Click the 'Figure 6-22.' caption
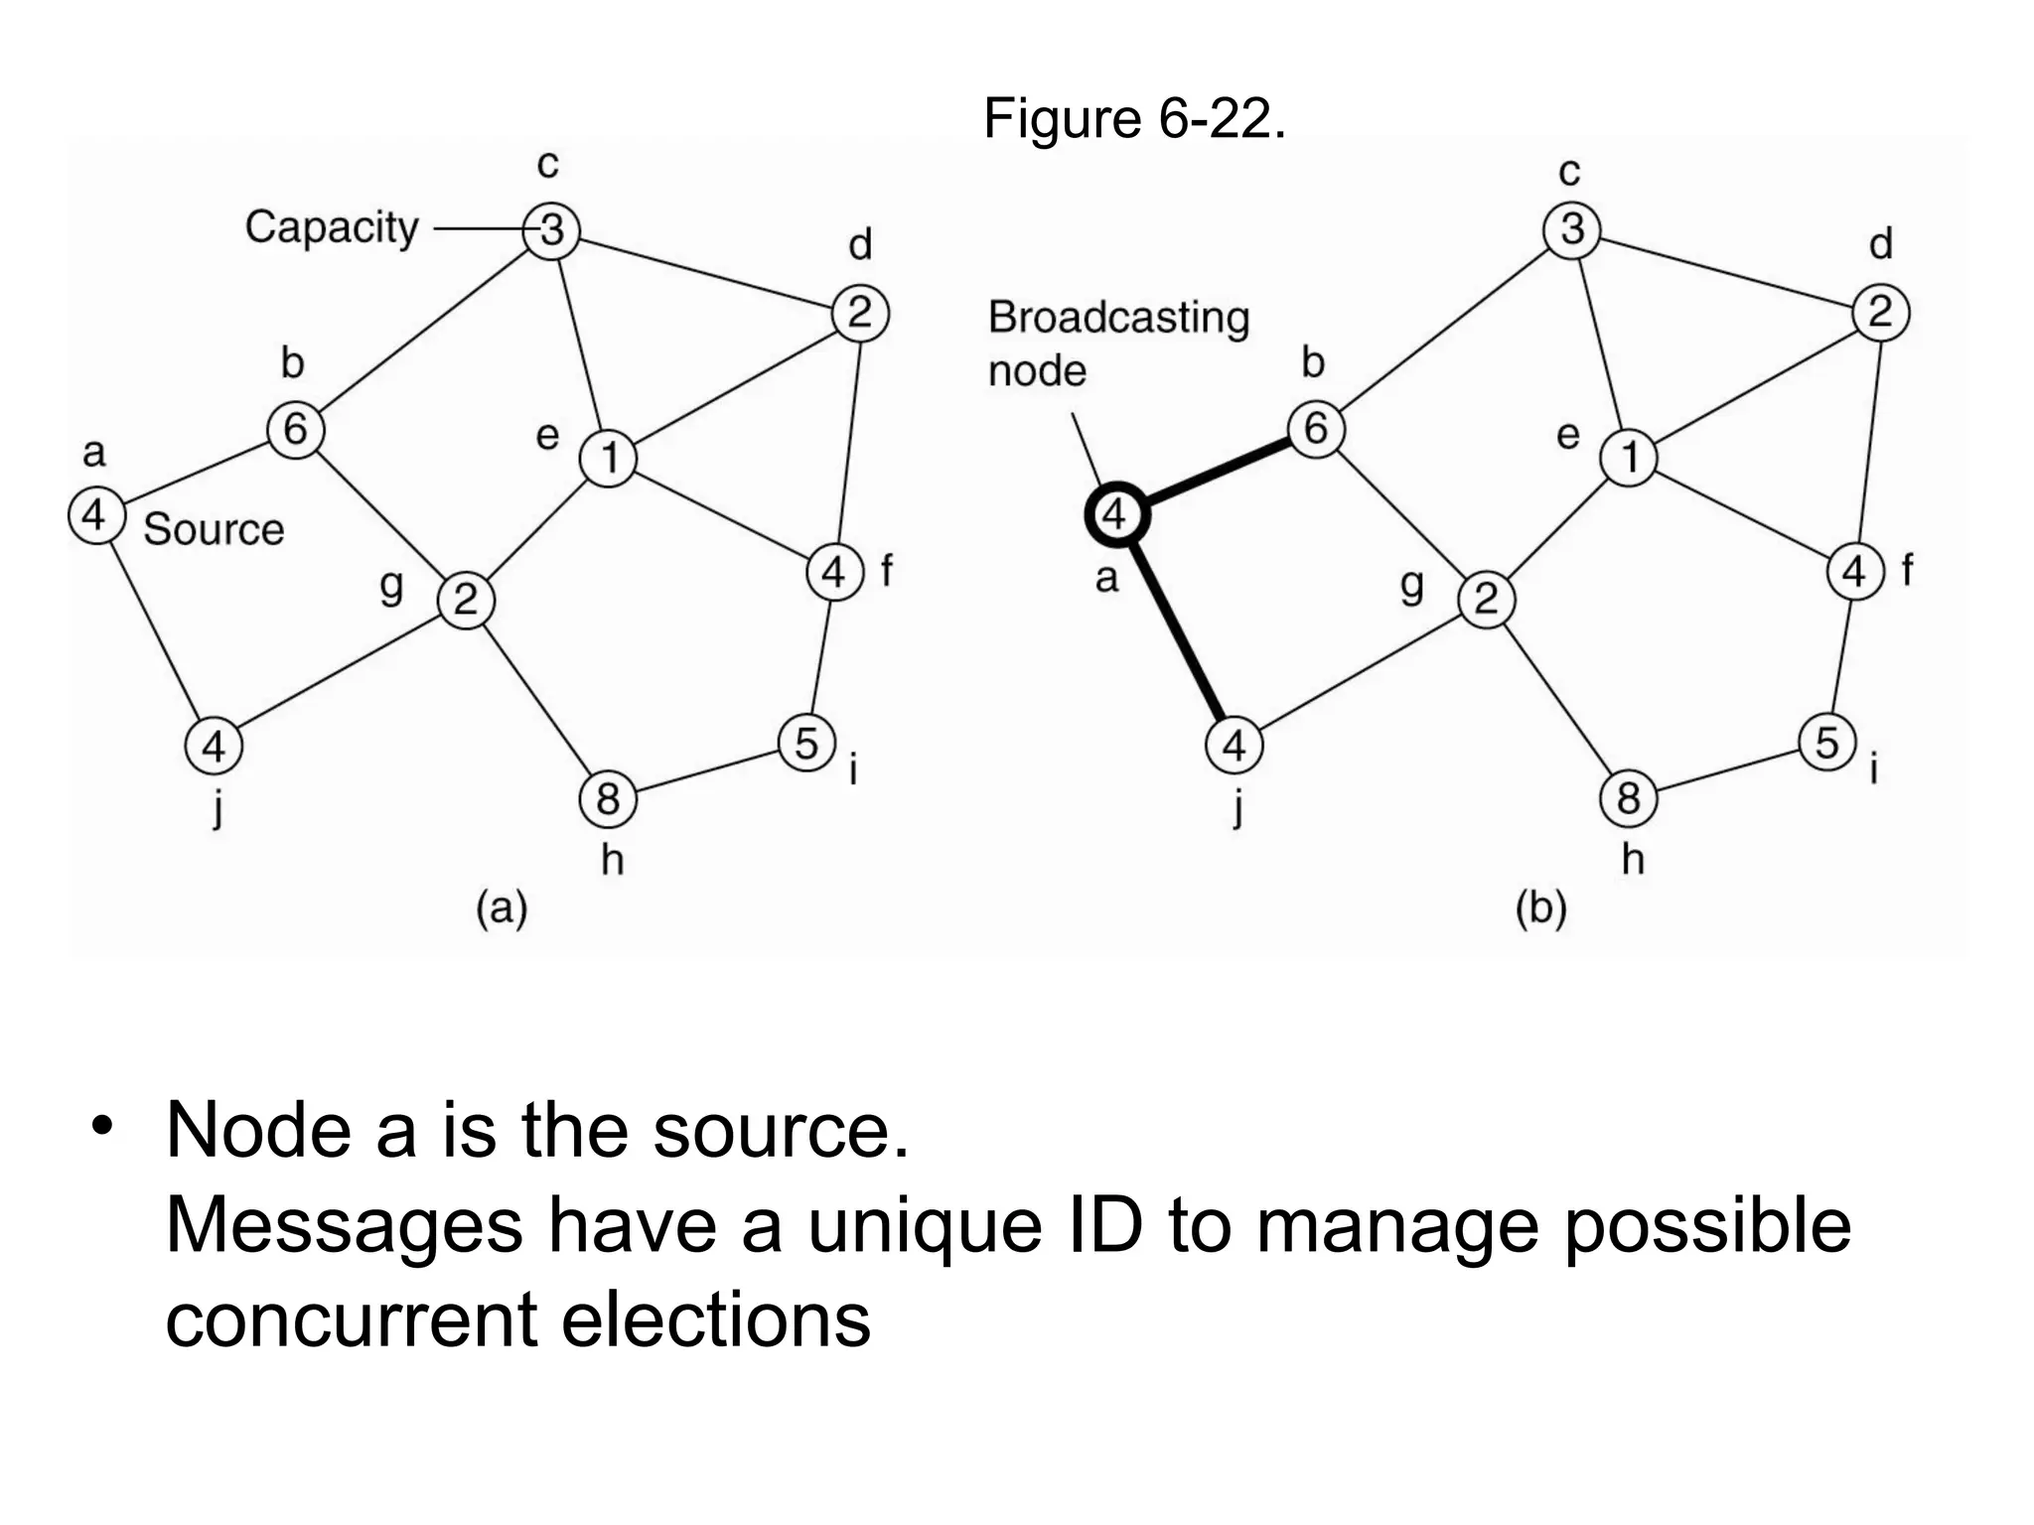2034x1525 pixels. (1134, 119)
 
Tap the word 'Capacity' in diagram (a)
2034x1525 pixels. (332, 227)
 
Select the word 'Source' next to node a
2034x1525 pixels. (214, 529)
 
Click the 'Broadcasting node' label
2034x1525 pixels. (1118, 343)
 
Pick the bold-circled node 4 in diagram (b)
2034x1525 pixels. (1116, 515)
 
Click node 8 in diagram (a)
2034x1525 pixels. (608, 798)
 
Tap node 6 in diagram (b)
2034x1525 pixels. (1316, 429)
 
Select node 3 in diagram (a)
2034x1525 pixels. (552, 230)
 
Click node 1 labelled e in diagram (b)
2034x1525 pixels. (1629, 458)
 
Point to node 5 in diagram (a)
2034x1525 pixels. (806, 743)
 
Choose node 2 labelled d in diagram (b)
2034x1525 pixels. (1880, 313)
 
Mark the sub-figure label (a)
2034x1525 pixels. (502, 907)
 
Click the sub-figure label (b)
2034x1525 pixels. (1540, 907)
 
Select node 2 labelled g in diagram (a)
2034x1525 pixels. (466, 600)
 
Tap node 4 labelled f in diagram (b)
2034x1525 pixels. (1854, 572)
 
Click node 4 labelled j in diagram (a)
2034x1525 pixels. (214, 746)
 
